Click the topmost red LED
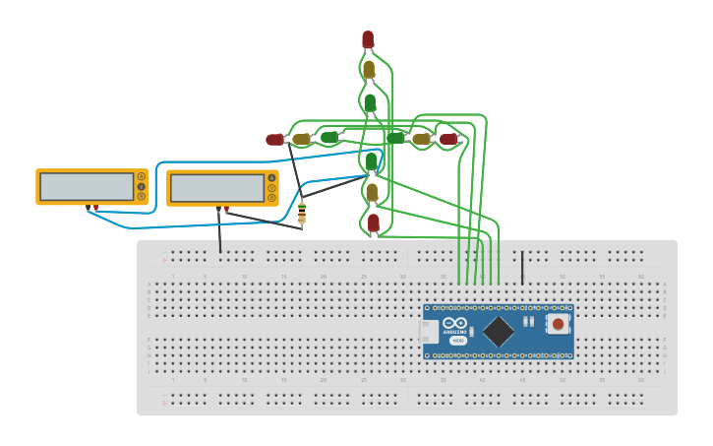368,39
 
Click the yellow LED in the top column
369,70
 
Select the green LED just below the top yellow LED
370,102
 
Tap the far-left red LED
274,140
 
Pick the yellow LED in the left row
301,140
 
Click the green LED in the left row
328,138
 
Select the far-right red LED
448,140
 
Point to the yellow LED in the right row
421,140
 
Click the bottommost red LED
374,223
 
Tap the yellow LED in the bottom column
372,193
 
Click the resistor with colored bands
302,212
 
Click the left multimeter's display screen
87,186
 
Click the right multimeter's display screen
216,187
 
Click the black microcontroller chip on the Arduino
499,331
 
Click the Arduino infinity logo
454,323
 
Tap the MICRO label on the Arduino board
458,340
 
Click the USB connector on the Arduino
430,332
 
